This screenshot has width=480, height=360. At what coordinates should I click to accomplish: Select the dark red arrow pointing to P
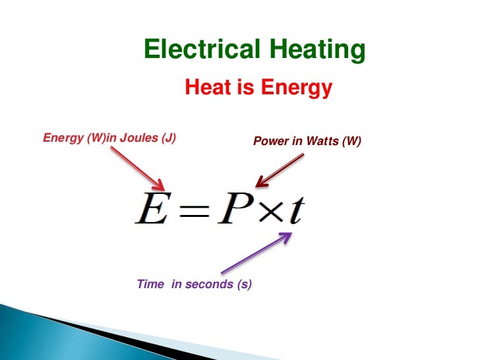280,169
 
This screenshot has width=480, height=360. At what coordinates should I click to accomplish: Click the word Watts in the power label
321,142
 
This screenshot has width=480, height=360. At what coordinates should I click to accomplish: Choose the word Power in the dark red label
270,142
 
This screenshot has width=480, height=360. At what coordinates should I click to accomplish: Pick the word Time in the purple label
150,284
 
